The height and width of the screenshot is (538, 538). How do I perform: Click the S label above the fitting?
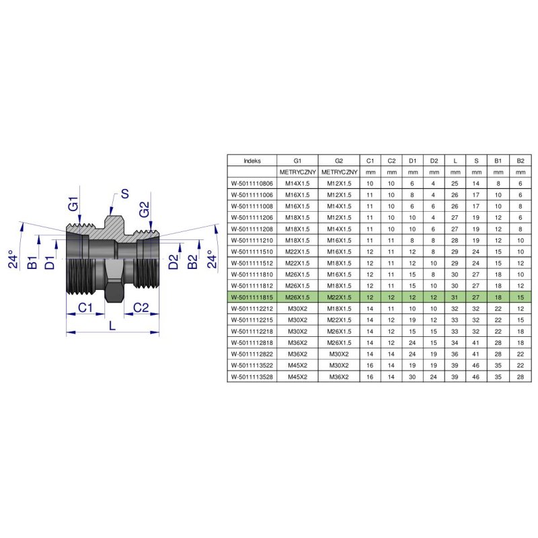coord(125,194)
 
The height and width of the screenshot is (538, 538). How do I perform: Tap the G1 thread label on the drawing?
coord(73,204)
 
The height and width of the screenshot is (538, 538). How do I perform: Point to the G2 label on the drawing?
coord(144,209)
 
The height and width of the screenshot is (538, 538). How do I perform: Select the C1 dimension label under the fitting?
coord(85,307)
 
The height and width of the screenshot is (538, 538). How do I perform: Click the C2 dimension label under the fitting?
coord(141,307)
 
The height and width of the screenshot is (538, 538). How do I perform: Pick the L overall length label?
coord(112,325)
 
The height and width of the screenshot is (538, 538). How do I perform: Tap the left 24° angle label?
coord(13,259)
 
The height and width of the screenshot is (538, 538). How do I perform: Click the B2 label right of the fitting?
coord(192,262)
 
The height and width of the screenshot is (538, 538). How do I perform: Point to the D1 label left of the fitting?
coord(50,262)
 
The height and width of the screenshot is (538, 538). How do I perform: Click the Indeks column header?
coord(252,161)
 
